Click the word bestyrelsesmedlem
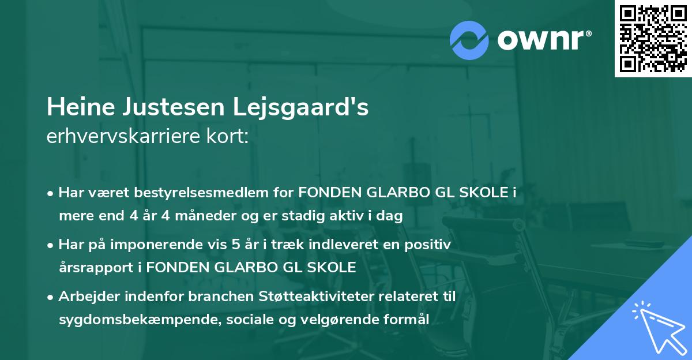point(195,193)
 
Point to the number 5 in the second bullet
point(235,245)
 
